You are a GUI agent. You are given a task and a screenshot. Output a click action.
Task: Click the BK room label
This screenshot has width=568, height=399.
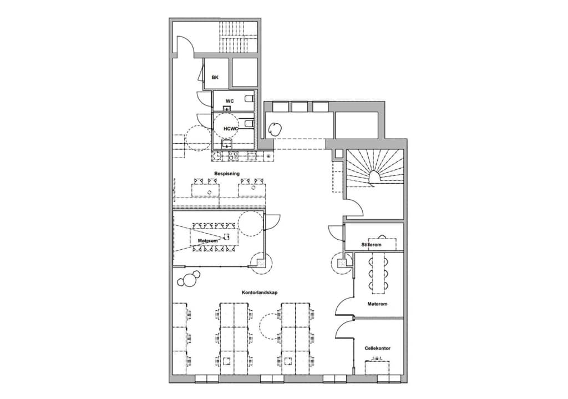(x=215, y=77)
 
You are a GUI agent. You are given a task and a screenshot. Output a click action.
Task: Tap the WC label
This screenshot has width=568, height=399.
(x=230, y=101)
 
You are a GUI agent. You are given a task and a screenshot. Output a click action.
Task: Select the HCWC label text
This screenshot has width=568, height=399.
(x=231, y=129)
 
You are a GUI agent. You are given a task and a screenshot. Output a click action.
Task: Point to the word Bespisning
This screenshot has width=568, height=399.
(x=227, y=174)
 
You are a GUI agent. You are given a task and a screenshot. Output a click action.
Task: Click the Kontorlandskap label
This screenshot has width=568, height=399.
(x=260, y=292)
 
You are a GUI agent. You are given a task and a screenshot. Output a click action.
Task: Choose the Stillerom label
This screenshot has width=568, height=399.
(x=371, y=245)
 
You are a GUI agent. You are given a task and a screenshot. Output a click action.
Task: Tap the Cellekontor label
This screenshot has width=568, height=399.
(x=377, y=349)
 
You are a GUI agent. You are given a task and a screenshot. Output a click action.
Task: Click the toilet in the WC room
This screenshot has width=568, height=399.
(x=249, y=99)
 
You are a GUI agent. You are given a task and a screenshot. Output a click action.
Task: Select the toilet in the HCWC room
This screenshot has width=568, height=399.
(x=249, y=124)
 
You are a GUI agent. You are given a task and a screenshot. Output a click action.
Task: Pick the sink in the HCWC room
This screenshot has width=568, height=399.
(x=227, y=144)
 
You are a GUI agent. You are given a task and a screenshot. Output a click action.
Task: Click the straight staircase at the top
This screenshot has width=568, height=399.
(x=237, y=37)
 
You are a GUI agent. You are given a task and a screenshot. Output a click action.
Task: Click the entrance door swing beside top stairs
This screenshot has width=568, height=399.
(x=185, y=45)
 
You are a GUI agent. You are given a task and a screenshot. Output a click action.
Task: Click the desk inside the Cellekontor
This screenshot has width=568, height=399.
(x=377, y=366)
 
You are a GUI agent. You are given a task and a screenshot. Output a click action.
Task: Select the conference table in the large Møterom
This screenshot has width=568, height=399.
(x=215, y=237)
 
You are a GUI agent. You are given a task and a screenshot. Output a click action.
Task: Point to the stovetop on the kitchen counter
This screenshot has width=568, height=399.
(x=232, y=156)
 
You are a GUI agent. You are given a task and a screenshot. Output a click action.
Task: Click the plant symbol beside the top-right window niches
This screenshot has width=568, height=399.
(x=275, y=129)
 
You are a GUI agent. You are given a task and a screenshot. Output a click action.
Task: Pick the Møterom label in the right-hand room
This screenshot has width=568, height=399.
(x=377, y=304)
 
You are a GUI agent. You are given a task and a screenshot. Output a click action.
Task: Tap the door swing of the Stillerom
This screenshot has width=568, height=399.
(x=336, y=233)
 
